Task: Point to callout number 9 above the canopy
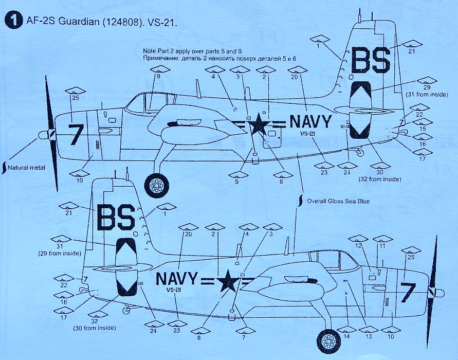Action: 159,76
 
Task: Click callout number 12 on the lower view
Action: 358,246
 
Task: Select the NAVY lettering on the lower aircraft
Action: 176,279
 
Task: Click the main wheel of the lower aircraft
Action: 328,340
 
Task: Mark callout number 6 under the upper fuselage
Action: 281,181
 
